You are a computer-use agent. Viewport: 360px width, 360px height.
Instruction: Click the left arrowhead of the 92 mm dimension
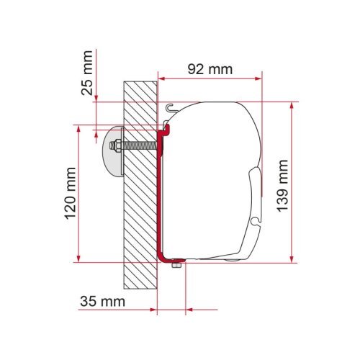pyautogui.click(x=160, y=76)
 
